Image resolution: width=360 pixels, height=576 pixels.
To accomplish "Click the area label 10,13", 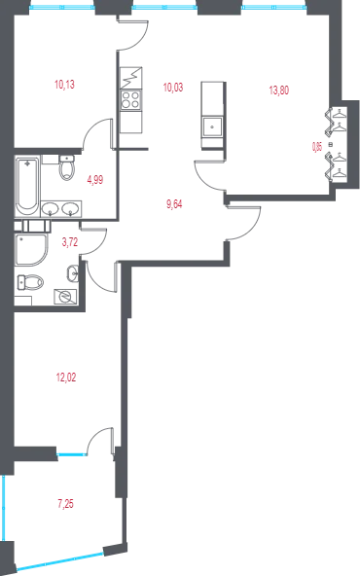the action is pos(64,85).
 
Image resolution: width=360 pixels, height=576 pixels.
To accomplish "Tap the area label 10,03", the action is pos(173,88).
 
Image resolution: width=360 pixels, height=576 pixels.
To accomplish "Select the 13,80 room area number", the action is pos(279,90).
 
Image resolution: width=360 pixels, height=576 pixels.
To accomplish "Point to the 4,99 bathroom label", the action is pos(94,180).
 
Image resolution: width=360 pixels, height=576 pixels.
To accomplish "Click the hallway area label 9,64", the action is pos(174,204).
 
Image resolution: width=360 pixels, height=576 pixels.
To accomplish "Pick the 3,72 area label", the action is pos(70,242).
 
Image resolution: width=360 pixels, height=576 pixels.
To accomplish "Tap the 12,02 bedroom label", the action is pos(66,378).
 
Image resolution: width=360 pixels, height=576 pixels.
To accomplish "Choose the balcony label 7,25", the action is pos(65,504).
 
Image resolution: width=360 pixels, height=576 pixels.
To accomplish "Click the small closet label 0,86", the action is pos(317,147).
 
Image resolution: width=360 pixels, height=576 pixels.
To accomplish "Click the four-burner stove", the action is pos(130,100).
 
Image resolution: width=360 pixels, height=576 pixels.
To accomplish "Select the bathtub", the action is pos(26,187).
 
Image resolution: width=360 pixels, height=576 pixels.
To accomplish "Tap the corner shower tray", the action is pos(31,250).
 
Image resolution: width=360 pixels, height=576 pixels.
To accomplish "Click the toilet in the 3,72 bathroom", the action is pos(30,282).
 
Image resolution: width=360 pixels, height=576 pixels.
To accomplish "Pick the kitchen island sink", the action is pos(213,127).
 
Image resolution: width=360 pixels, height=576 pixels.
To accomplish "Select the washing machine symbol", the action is pos(65,297).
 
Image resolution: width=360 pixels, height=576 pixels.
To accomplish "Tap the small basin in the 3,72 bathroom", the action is pos(73,273).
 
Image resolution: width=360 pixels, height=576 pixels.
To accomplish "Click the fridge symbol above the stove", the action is pos(130,79).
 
